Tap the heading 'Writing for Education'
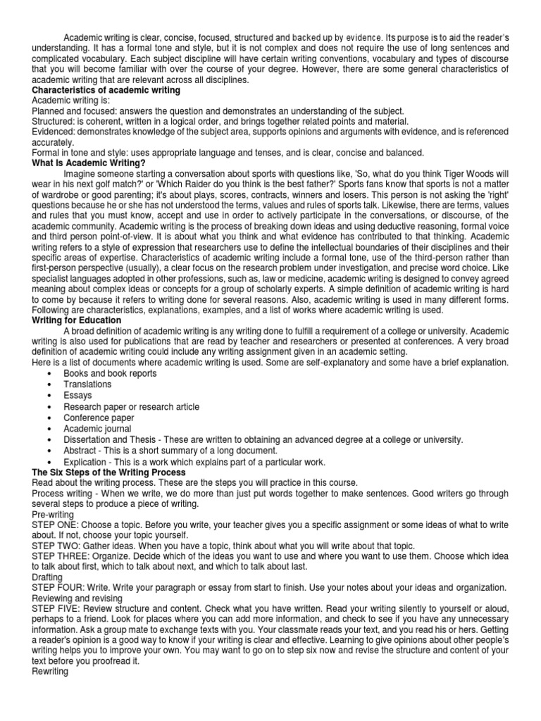coord(77,320)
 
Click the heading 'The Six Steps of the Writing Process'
coord(109,472)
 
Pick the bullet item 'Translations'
coord(87,384)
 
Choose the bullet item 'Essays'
coord(77,396)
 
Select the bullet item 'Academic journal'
coord(98,428)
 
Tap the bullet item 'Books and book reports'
coord(110,374)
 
